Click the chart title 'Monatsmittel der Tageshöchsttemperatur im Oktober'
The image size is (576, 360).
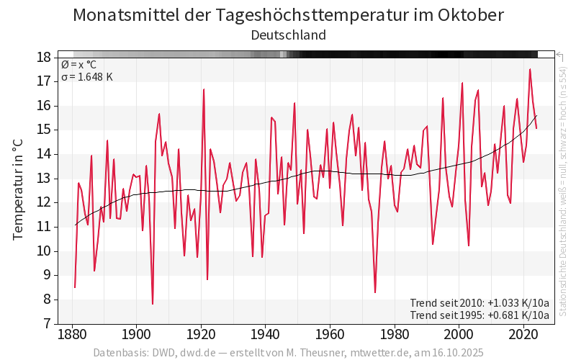288,15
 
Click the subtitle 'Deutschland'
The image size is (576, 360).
288,35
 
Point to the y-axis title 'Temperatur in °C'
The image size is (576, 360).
18,190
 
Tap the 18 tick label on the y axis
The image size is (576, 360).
43,57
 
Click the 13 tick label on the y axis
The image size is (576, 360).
43,178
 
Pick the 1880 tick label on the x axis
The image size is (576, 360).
72,335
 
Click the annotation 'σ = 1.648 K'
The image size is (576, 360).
87,76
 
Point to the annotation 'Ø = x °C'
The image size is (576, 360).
78,64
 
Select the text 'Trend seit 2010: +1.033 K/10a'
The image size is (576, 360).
480,302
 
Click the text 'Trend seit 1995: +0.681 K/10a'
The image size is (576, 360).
480,315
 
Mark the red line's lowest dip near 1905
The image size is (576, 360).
153,304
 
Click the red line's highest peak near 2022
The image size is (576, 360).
530,69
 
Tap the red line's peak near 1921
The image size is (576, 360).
204,89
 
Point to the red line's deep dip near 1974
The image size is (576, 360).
375,292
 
